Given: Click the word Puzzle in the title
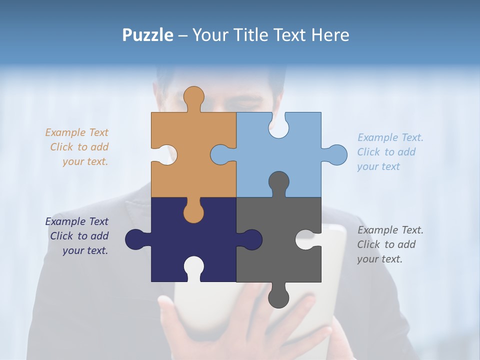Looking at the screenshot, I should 148,35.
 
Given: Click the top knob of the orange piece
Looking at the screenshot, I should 193,98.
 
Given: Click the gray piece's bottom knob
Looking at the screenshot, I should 278,296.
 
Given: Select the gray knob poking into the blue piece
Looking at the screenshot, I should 278,182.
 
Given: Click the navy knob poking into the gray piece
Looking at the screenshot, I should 250,239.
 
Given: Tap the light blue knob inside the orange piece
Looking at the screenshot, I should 222,154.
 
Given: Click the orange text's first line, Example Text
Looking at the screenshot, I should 76,132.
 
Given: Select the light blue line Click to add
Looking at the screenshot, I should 386,152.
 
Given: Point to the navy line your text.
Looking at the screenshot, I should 85,250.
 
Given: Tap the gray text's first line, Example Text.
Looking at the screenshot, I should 390,230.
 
